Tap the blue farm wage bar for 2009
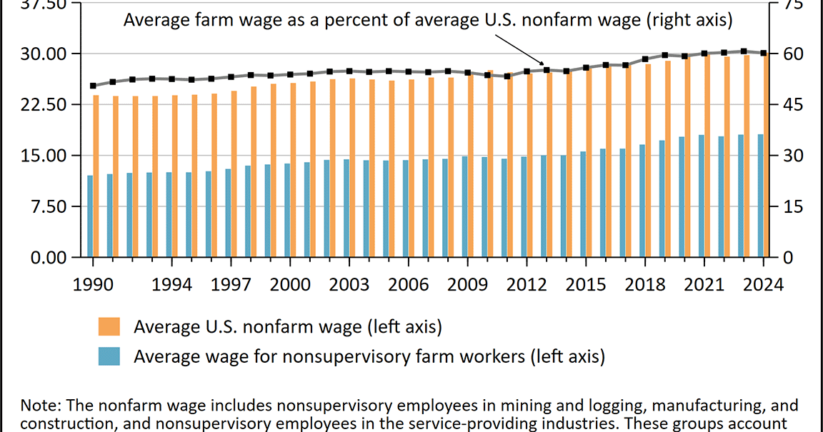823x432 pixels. tap(464, 206)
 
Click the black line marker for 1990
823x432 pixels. tap(93, 86)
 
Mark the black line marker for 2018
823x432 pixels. tap(645, 59)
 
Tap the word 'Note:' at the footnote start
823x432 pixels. tap(41, 406)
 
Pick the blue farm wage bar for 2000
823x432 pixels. tap(287, 210)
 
